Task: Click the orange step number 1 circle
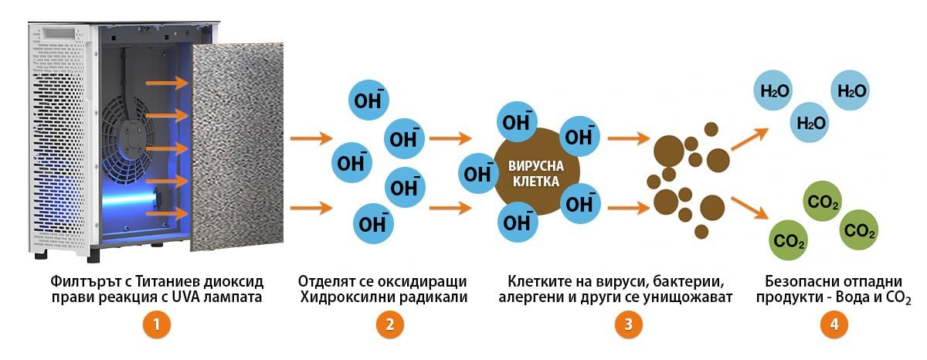(x=157, y=325)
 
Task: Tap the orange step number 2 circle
(x=389, y=325)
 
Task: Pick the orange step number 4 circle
(x=834, y=325)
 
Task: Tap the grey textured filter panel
(x=236, y=147)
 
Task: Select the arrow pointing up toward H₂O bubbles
(x=749, y=140)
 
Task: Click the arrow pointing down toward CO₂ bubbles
(x=749, y=207)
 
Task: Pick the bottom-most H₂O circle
(x=811, y=122)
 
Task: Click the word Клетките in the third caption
(x=538, y=280)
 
